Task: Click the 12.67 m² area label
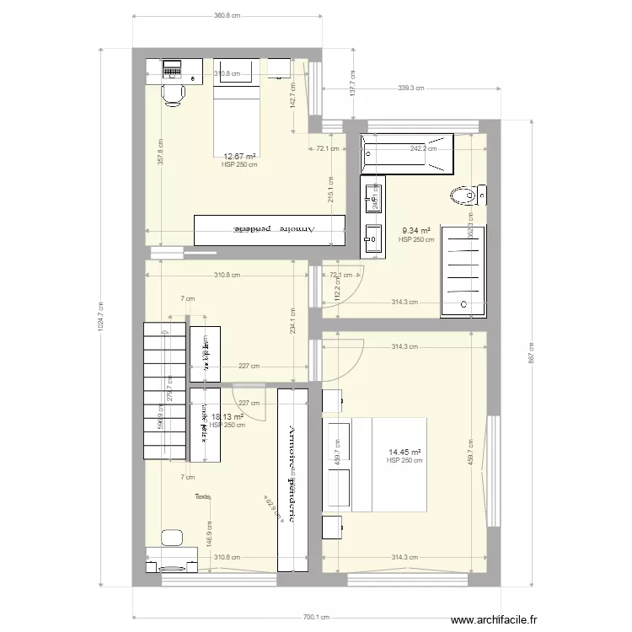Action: [x=239, y=156]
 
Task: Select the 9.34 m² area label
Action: [x=416, y=230]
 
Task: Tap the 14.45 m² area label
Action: [x=404, y=452]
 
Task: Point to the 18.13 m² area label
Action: [x=228, y=416]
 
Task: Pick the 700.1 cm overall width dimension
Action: [x=317, y=616]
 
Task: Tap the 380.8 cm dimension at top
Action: [x=227, y=16]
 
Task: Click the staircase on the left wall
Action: [x=164, y=390]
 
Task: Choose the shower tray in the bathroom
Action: [x=463, y=270]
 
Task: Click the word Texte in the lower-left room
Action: [x=202, y=496]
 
